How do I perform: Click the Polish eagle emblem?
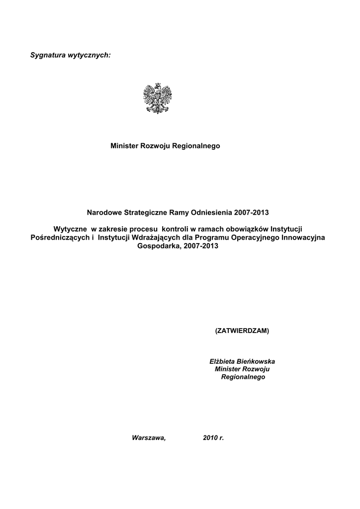click(x=158, y=98)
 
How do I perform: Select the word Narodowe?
click(x=104, y=213)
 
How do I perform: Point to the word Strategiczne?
click(x=144, y=213)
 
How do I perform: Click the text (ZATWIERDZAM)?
click(x=242, y=331)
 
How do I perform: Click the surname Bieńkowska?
click(x=257, y=361)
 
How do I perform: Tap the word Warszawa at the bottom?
click(x=148, y=438)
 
